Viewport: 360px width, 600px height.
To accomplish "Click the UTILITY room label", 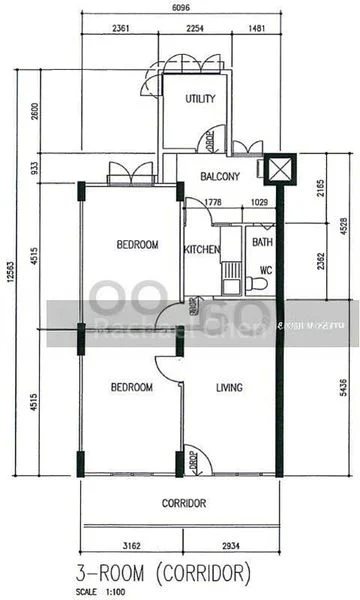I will (202, 99).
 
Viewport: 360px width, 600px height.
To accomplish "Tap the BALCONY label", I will (220, 177).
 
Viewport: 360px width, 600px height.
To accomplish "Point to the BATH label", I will (262, 242).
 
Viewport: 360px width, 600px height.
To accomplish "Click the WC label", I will (266, 270).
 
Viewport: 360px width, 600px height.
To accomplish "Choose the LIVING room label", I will (230, 387).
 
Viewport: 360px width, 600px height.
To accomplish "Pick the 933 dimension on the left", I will (34, 168).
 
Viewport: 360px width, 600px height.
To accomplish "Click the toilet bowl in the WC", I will (259, 285).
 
